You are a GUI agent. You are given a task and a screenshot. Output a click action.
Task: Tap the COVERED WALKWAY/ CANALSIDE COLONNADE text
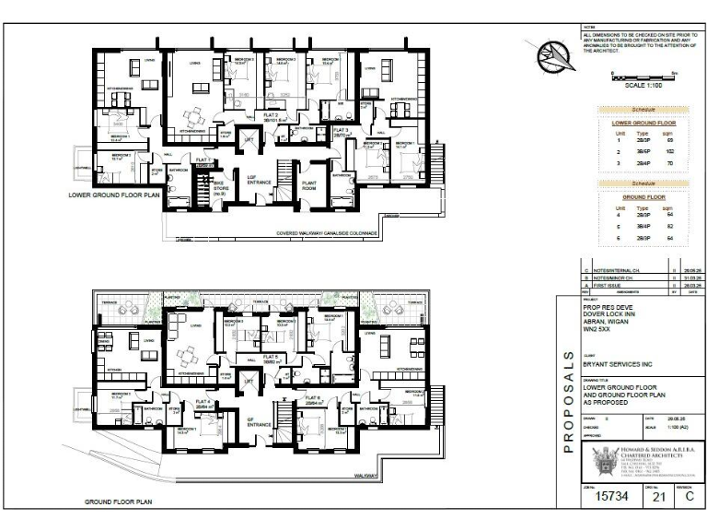pos(329,234)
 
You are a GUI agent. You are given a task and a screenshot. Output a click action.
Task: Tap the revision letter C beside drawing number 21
pos(688,496)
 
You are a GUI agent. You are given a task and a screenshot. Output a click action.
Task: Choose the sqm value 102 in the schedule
pos(671,150)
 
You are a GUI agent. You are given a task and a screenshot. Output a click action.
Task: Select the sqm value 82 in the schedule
pos(671,226)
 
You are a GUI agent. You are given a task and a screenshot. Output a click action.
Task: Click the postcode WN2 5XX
pos(598,337)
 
